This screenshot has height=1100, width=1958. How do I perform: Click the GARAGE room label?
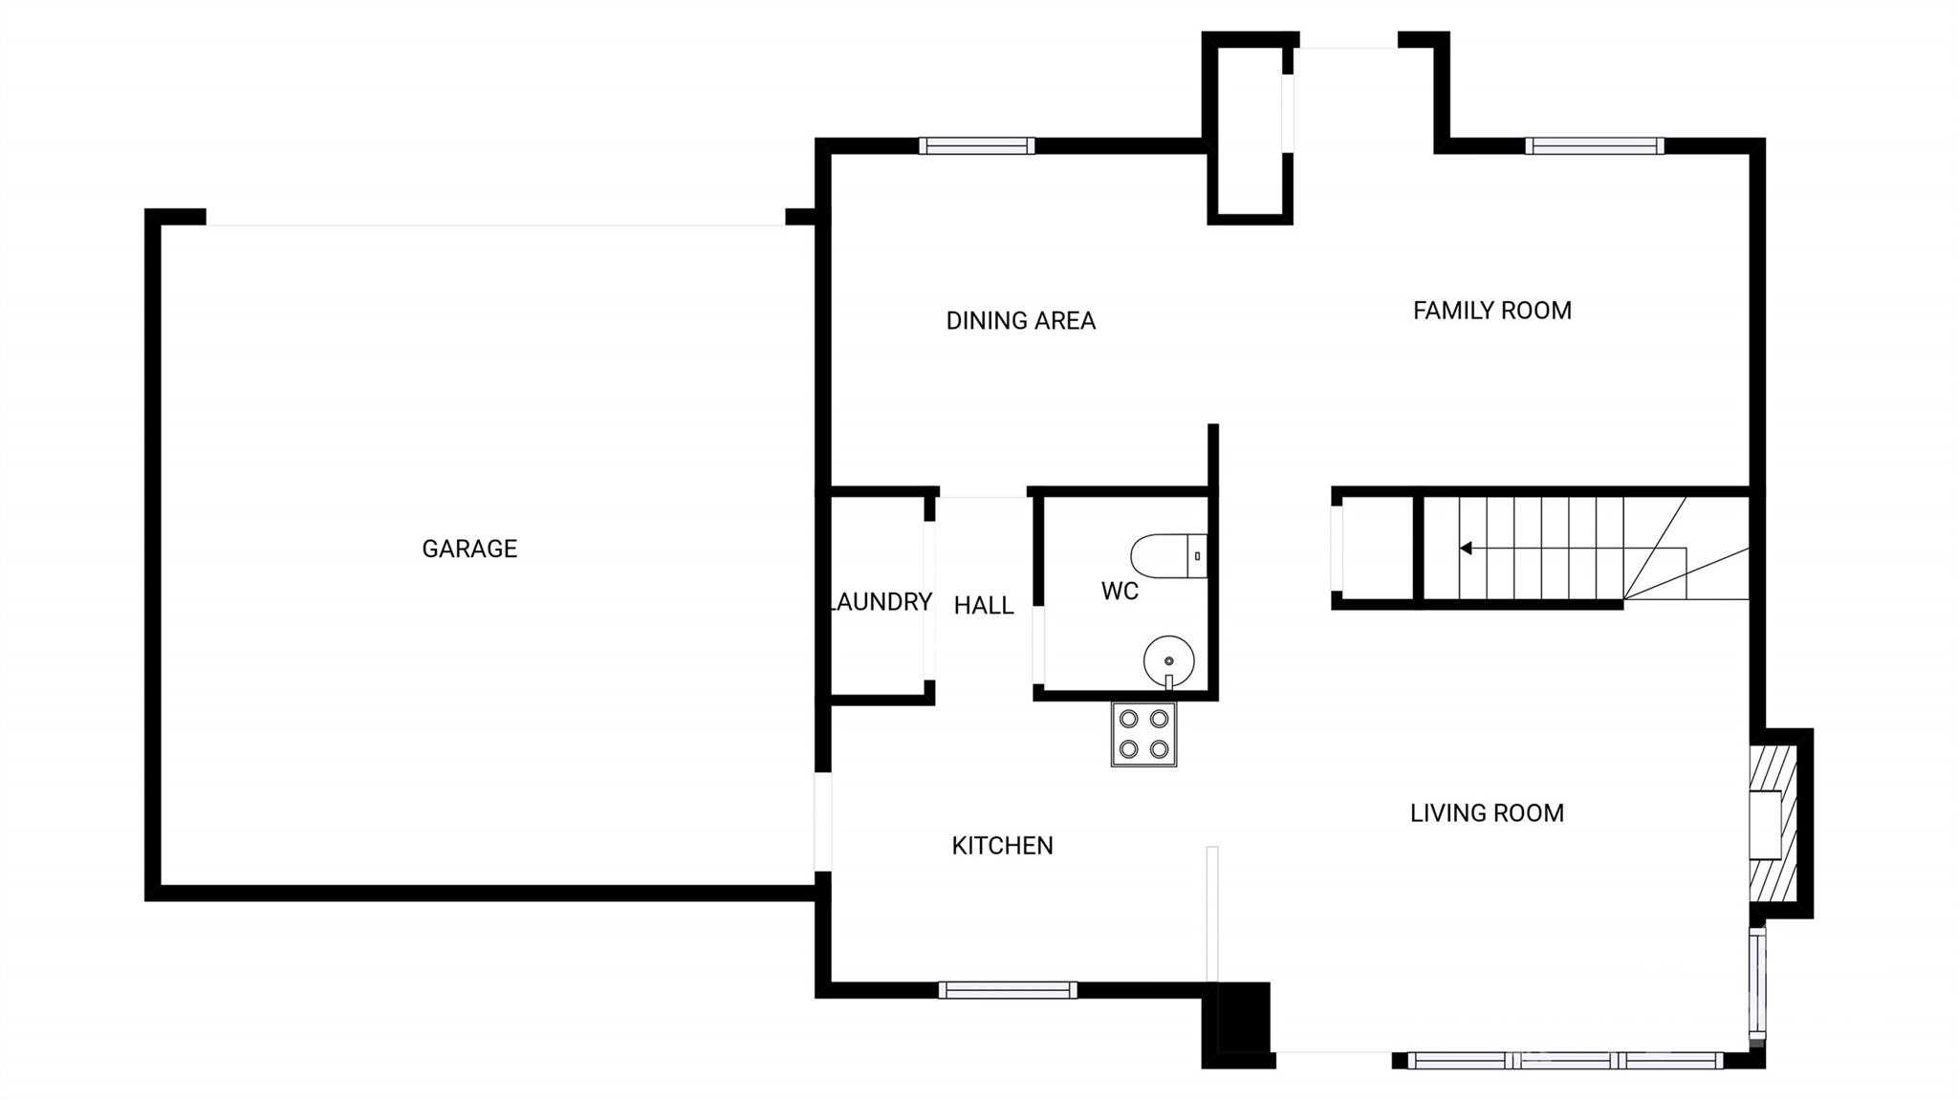coord(469,549)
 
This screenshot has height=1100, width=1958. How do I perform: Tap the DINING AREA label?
coord(1020,321)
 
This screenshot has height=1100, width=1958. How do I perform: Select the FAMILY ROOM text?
coord(1491,311)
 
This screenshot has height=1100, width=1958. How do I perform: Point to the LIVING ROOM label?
coord(1487,813)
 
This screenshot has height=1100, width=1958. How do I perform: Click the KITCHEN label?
coord(1002,846)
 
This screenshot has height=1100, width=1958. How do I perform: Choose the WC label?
coord(1120,592)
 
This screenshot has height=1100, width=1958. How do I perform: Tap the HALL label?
coord(984,606)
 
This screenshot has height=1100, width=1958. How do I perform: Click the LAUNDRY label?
coord(881,602)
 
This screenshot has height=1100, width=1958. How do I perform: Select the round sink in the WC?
coord(1168,660)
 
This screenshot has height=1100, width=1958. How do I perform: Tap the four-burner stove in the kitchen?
coord(1143,734)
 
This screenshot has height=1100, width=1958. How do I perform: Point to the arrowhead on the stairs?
coord(1465,549)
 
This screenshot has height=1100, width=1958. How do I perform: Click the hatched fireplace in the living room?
coord(1773,823)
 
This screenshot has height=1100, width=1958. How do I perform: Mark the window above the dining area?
coord(977,146)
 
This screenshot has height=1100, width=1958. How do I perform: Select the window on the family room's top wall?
coord(1594,146)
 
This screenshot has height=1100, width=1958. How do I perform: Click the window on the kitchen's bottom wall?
coord(1007,990)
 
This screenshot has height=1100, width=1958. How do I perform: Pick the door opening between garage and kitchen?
coord(822,822)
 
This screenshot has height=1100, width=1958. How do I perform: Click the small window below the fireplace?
coord(1757,982)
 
